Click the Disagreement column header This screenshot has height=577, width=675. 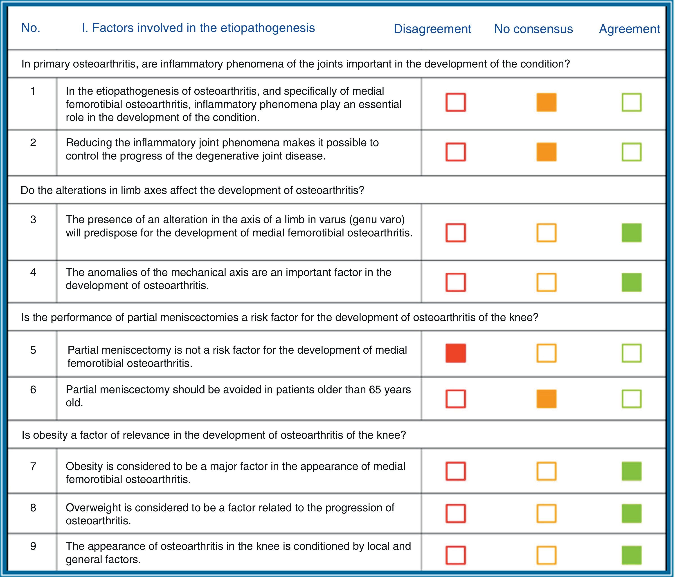[432, 29]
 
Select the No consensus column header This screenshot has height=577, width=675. [533, 29]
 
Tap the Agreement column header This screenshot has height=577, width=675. [629, 29]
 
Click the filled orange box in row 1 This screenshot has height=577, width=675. [546, 102]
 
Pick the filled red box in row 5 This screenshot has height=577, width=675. [455, 353]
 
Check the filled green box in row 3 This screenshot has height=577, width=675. [631, 233]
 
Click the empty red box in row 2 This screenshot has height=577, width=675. [455, 152]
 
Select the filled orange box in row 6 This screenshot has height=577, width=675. [546, 399]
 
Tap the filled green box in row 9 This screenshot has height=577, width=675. [631, 555]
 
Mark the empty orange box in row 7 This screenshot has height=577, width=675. [546, 471]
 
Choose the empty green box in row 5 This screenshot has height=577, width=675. [631, 353]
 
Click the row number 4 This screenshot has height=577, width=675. [33, 272]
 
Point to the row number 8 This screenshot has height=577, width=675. [33, 508]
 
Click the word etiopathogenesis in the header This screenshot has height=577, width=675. [268, 28]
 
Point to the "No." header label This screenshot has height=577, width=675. [31, 28]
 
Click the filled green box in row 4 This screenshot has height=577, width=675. [631, 282]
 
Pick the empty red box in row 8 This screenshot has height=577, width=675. [455, 514]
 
